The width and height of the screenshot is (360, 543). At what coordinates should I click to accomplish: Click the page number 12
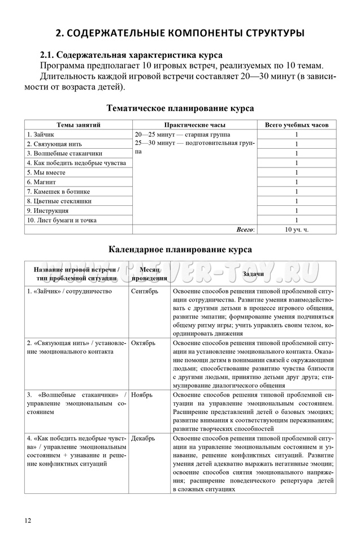click(28, 520)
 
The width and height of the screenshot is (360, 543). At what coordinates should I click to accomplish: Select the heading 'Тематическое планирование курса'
click(180, 108)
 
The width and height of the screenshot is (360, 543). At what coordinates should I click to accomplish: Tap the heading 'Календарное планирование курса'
click(180, 249)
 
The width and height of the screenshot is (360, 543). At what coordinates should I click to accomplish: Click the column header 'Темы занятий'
click(79, 125)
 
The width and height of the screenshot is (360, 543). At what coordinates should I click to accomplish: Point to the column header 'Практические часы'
click(194, 125)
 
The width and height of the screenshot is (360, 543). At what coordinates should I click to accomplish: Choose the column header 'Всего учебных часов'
click(296, 125)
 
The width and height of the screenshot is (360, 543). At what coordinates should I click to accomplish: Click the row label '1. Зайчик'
click(41, 135)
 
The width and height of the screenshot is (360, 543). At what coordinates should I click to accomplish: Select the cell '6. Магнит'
click(41, 182)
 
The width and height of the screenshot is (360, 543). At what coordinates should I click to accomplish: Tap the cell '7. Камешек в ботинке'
click(58, 192)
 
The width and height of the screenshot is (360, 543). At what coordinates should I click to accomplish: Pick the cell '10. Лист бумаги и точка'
click(62, 220)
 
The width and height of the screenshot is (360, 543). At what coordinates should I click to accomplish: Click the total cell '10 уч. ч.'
click(296, 230)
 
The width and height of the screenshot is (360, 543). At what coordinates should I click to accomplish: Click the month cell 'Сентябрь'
click(145, 291)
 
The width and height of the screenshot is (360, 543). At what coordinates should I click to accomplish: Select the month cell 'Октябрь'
click(144, 343)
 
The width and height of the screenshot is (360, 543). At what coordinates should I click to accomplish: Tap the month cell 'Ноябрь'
click(142, 394)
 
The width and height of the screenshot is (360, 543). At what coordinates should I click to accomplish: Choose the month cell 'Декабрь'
click(144, 438)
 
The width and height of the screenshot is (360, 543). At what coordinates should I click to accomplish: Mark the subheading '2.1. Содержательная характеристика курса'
click(131, 55)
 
